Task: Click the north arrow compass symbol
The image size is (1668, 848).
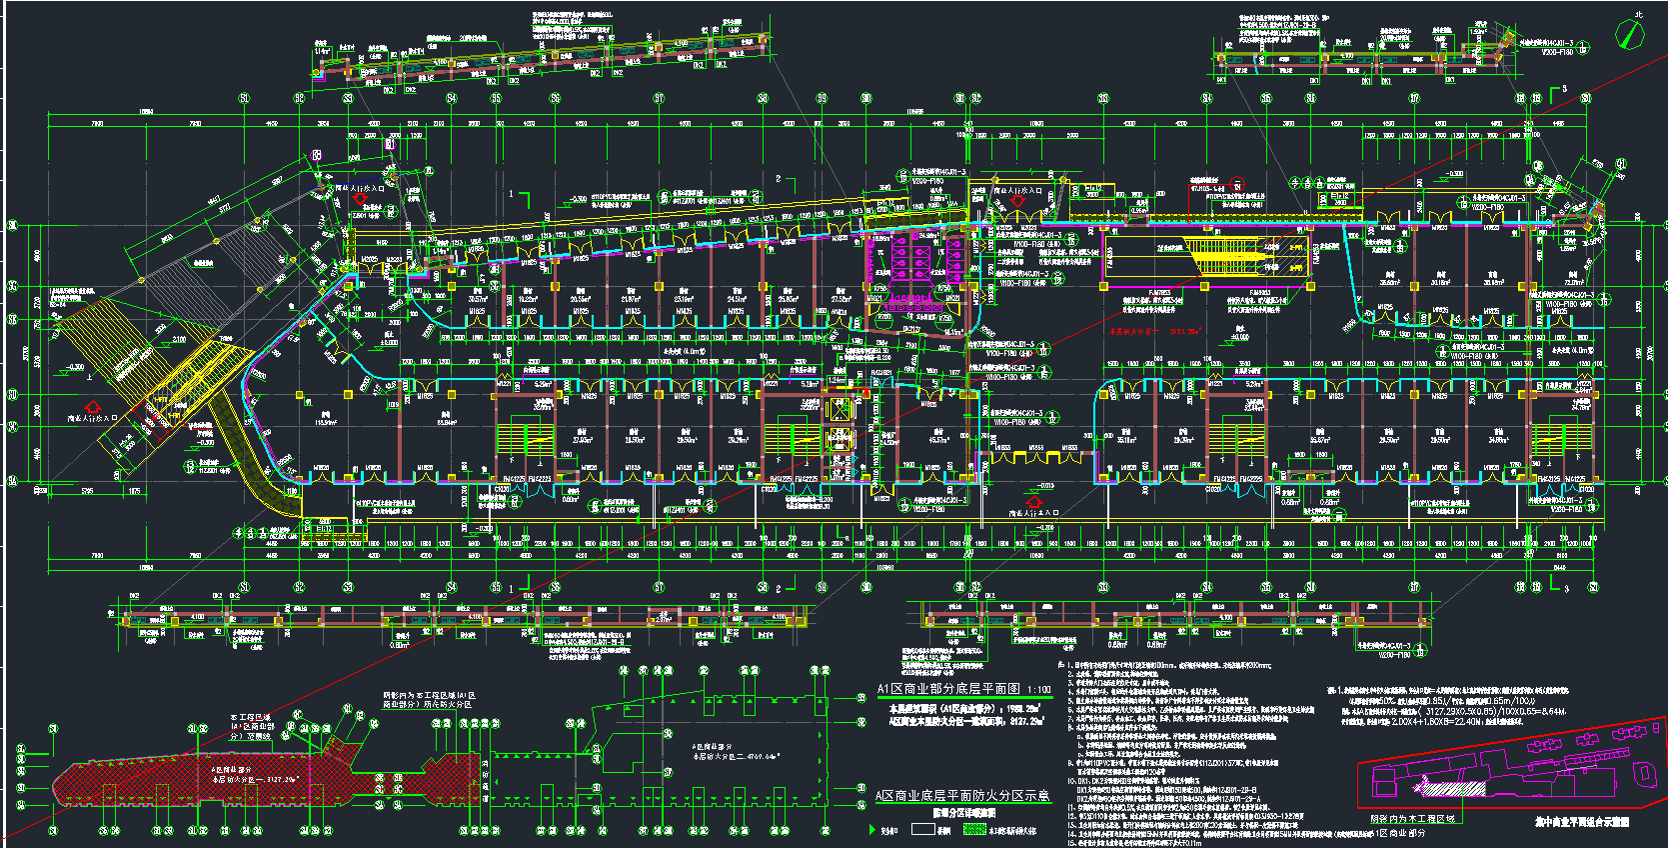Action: (x=1630, y=34)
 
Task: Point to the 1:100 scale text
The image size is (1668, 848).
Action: (x=1039, y=689)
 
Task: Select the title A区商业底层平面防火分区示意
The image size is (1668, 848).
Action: (x=962, y=795)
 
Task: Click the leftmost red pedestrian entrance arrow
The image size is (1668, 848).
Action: (x=94, y=407)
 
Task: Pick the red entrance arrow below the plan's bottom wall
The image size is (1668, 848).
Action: (x=1034, y=501)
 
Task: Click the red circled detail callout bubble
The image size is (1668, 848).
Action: (x=1236, y=186)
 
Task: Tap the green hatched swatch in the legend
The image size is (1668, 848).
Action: (x=973, y=829)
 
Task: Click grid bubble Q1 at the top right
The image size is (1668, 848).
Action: (x=1621, y=164)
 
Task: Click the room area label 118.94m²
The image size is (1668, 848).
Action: (x=326, y=423)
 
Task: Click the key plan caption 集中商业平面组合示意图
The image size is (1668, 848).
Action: (x=1581, y=821)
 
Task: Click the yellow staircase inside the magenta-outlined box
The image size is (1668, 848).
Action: (x=1239, y=258)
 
